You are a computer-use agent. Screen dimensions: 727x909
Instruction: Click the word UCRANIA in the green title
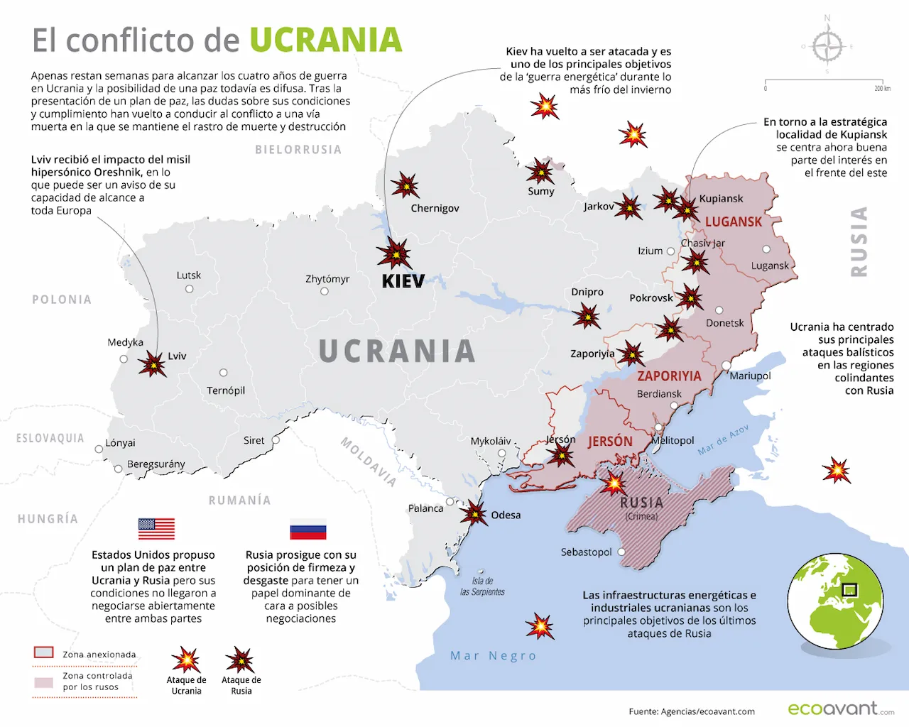[x=325, y=40]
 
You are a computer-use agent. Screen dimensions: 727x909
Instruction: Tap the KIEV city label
[x=403, y=281]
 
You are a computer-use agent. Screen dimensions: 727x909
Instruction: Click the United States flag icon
[x=156, y=529]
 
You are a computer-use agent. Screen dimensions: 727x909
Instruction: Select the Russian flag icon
[x=308, y=530]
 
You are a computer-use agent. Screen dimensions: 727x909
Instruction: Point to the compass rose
[x=827, y=47]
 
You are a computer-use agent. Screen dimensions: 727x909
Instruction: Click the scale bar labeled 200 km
[x=823, y=83]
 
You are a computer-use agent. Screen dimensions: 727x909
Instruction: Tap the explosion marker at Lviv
[x=152, y=363]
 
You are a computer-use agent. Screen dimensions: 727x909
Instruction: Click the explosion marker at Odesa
[x=473, y=512]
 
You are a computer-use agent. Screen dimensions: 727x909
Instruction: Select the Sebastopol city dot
[x=621, y=552]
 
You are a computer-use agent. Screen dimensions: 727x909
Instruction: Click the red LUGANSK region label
[x=733, y=222]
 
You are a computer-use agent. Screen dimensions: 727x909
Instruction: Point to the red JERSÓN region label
[x=609, y=442]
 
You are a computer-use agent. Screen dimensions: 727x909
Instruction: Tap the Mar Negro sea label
[x=493, y=656]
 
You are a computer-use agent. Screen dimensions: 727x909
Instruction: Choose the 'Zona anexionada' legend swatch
[x=44, y=652]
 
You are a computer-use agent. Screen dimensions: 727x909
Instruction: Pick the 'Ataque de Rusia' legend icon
[x=240, y=660]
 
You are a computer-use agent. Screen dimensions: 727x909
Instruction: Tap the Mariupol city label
[x=750, y=376]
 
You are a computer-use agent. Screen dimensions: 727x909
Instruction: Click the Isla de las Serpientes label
[x=482, y=586]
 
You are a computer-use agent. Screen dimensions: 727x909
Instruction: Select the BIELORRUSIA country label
[x=298, y=150]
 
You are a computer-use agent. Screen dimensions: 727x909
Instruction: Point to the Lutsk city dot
[x=189, y=289]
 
